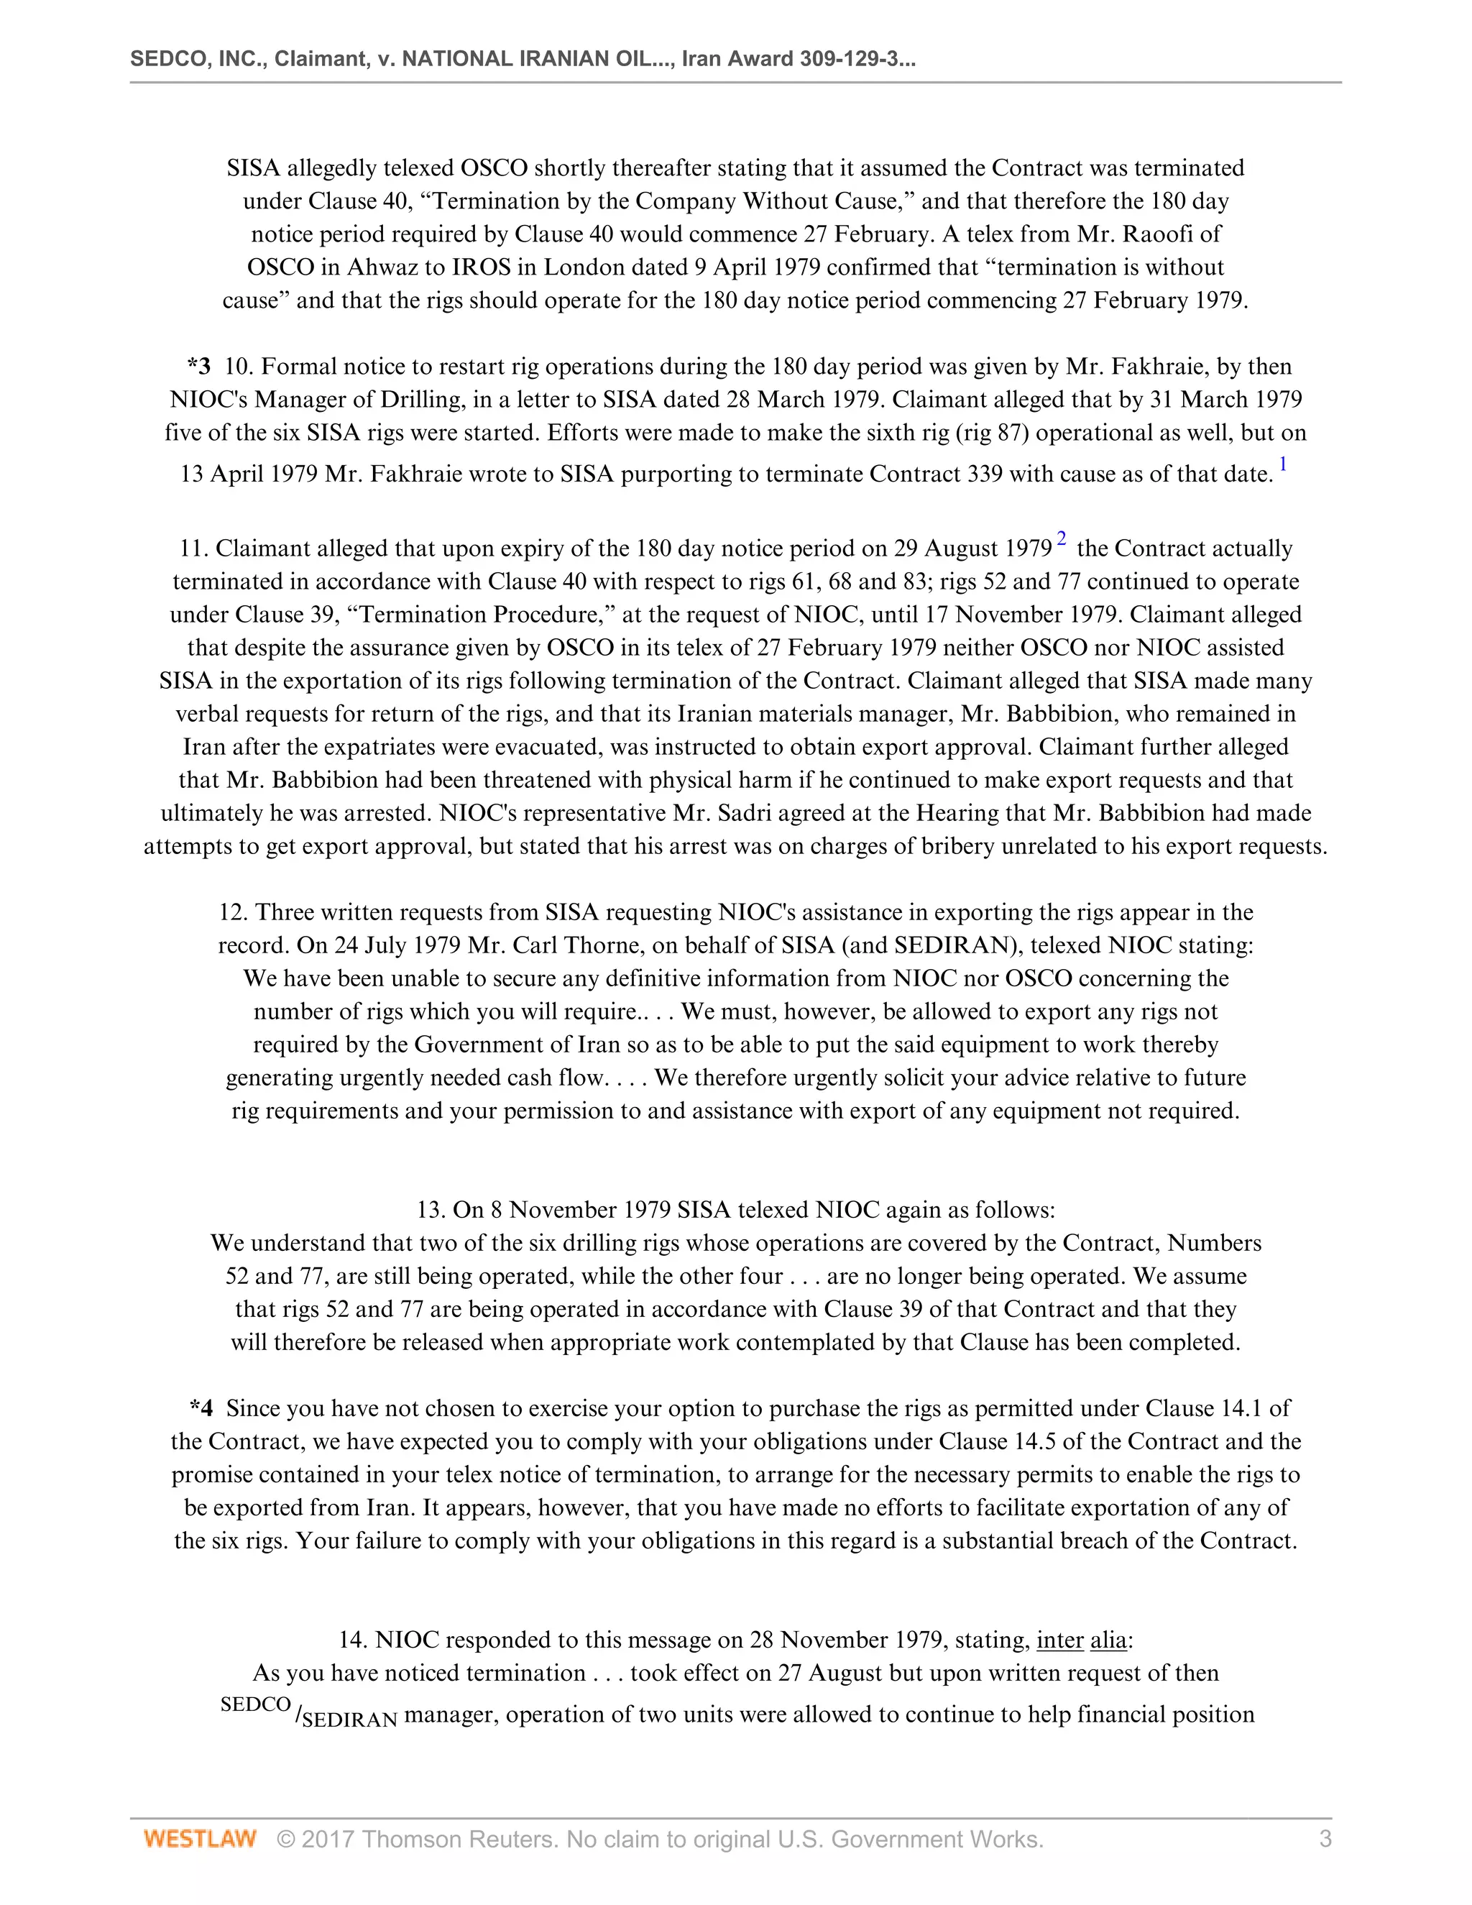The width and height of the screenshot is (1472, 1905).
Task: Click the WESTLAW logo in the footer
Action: (x=200, y=1840)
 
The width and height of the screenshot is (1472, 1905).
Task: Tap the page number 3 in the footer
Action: (x=1325, y=1840)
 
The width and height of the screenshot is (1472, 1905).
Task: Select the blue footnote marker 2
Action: (x=1062, y=538)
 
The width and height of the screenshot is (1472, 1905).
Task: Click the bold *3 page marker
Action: (x=199, y=367)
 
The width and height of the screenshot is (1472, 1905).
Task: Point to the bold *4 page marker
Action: (x=201, y=1409)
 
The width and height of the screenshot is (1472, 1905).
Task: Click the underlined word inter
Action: (x=1059, y=1640)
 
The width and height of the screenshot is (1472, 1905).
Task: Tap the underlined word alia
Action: (x=1108, y=1640)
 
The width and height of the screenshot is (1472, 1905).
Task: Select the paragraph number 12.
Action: (x=233, y=912)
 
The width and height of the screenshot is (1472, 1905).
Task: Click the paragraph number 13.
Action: (x=431, y=1210)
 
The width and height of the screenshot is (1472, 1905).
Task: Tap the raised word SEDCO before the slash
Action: (x=255, y=1705)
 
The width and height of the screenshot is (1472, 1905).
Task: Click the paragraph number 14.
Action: (x=353, y=1640)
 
